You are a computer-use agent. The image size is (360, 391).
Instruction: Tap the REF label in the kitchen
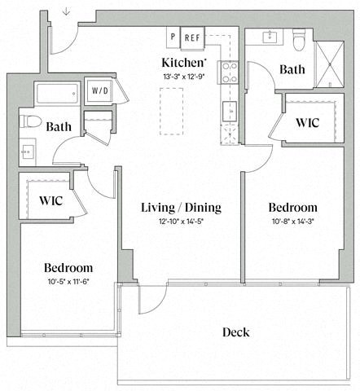(x=192, y=37)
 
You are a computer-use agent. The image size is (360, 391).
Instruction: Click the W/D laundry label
(x=100, y=90)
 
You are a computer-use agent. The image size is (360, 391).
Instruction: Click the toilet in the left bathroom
(x=32, y=123)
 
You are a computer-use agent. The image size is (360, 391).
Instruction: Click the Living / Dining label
(x=180, y=207)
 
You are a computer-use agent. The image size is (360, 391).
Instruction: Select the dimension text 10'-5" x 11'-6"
(x=68, y=281)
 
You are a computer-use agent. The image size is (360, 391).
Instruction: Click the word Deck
(x=236, y=332)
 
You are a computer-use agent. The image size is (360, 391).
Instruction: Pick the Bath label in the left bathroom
(x=59, y=126)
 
